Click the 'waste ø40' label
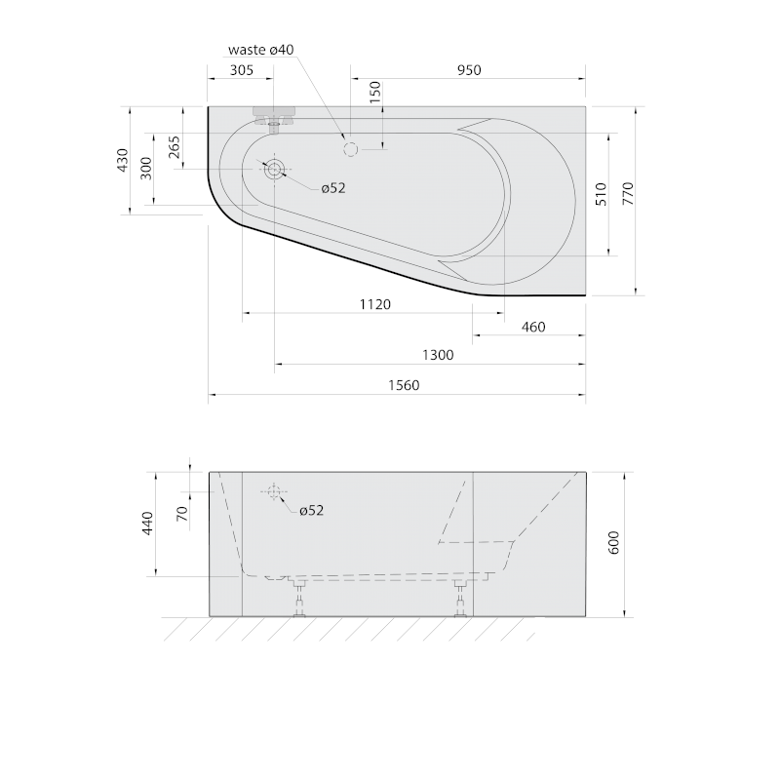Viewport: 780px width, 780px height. pyautogui.click(x=261, y=50)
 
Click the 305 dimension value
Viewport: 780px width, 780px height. pyautogui.click(x=242, y=70)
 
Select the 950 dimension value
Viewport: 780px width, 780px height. pyautogui.click(x=469, y=70)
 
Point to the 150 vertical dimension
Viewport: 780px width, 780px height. pyautogui.click(x=375, y=92)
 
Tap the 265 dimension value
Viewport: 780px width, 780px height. pyautogui.click(x=175, y=147)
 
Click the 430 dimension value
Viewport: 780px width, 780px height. pyautogui.click(x=123, y=160)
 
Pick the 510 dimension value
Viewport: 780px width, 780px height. pyautogui.click(x=602, y=194)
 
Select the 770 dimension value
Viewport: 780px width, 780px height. pyautogui.click(x=628, y=194)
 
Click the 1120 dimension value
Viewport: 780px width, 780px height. pyautogui.click(x=375, y=304)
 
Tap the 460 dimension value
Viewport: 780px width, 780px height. pyautogui.click(x=533, y=327)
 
